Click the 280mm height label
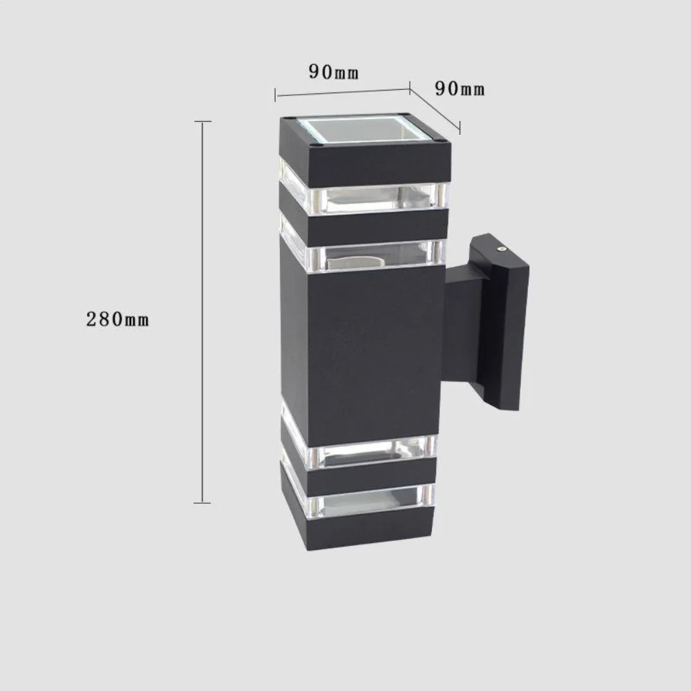click(x=117, y=319)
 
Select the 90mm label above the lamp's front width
click(x=334, y=73)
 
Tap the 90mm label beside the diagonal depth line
click(x=460, y=88)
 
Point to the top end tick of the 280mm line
click(x=202, y=122)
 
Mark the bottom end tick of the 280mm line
click(x=202, y=502)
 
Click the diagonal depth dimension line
click(x=435, y=108)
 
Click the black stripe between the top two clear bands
click(x=366, y=226)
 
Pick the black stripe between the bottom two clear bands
click(x=366, y=476)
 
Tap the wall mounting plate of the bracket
click(x=508, y=325)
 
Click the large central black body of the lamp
click(x=366, y=352)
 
